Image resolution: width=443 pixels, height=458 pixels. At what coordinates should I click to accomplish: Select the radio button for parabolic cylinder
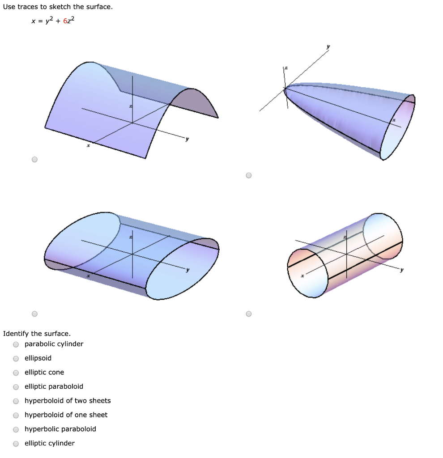(16, 344)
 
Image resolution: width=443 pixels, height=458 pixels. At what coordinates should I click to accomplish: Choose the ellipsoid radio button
(16, 359)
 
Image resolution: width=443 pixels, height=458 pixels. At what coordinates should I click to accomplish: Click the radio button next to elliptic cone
(16, 373)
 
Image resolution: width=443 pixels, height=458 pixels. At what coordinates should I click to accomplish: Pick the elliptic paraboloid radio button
(16, 387)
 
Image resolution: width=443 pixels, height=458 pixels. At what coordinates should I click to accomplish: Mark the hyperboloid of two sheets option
(16, 401)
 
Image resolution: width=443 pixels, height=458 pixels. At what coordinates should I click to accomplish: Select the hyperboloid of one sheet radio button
(16, 416)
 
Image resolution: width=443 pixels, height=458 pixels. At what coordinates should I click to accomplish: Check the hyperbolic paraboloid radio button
(16, 429)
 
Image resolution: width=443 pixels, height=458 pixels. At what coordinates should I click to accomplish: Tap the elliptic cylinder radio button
(16, 444)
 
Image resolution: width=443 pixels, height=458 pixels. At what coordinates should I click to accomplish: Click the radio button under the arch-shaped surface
(34, 159)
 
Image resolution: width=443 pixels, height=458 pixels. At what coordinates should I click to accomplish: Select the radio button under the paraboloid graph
(249, 175)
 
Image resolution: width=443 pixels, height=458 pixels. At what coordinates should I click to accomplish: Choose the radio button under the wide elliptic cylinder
(34, 314)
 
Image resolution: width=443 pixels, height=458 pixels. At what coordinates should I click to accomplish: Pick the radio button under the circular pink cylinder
(249, 314)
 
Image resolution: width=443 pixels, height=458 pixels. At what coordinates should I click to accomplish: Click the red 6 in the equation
(65, 21)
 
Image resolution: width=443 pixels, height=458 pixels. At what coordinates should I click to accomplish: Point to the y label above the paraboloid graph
(328, 47)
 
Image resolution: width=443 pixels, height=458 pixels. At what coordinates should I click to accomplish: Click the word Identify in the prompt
(16, 334)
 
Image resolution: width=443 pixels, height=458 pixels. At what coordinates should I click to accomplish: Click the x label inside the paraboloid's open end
(394, 120)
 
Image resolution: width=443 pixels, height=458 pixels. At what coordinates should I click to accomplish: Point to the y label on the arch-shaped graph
(187, 139)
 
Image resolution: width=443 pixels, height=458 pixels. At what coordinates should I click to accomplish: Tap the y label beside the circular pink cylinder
(402, 270)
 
